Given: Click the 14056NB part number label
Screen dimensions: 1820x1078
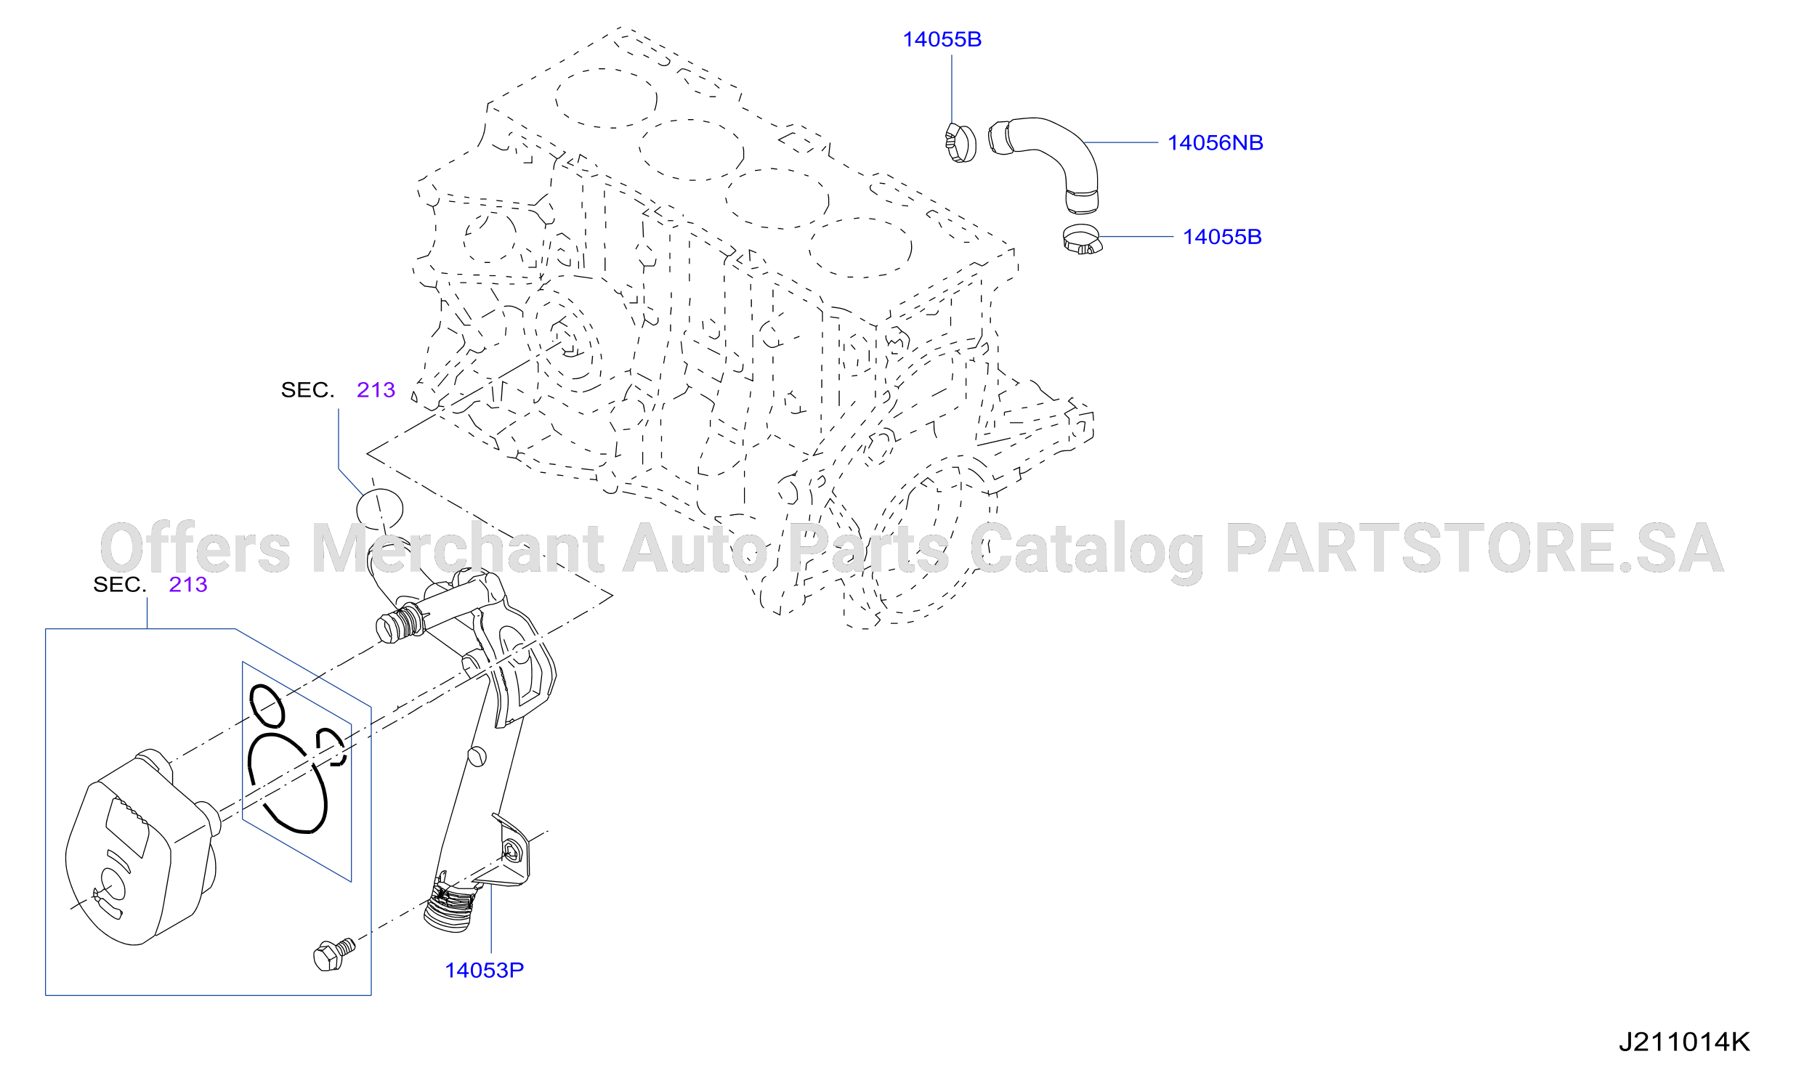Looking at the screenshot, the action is [1215, 143].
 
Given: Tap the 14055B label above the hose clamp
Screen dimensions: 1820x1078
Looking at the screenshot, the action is [942, 40].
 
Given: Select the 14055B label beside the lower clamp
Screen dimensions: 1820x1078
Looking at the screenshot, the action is [1222, 237].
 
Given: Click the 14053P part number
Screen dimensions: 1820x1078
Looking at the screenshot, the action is [484, 970].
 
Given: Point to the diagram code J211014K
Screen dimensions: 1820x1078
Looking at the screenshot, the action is [1684, 1042].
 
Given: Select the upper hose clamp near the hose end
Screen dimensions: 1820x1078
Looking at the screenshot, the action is [960, 143].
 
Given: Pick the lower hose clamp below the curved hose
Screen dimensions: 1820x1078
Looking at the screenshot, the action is [1082, 240].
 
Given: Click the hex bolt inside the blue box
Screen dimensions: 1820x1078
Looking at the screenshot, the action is [333, 955].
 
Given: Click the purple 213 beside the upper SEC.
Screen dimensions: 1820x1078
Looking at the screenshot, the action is [376, 390].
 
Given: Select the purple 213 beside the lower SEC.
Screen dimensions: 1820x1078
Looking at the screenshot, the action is [188, 585].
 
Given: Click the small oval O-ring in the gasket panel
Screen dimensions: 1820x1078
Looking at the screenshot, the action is [267, 705].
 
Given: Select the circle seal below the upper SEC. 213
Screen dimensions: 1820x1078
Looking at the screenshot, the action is [379, 508].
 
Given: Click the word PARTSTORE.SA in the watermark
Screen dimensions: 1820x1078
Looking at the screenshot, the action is [1475, 548].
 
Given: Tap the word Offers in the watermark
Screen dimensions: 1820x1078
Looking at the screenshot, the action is [195, 548].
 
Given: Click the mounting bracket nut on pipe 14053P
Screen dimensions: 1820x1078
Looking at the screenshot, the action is [512, 852].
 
